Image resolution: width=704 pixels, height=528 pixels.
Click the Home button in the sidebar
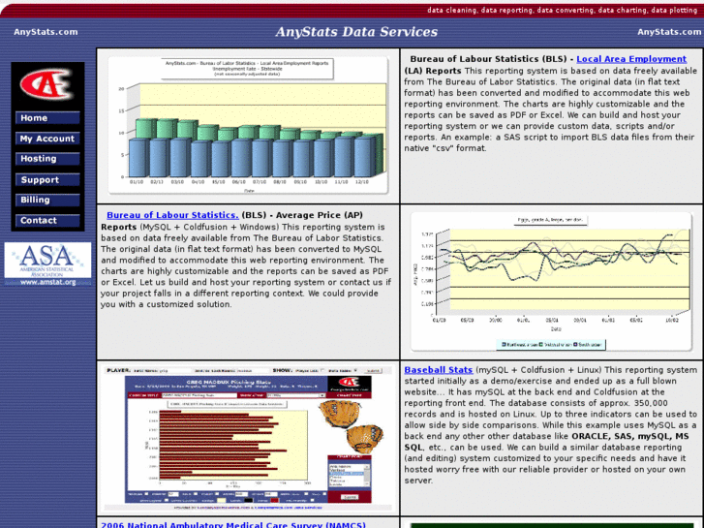tap(46, 118)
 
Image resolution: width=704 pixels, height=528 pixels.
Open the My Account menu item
tap(46, 139)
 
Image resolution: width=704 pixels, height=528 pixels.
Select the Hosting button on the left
tap(46, 159)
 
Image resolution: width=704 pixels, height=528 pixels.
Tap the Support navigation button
tap(46, 180)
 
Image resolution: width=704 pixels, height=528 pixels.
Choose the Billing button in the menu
tap(46, 201)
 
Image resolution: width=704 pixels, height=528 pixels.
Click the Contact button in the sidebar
tap(46, 221)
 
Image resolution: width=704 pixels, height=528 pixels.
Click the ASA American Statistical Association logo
tap(47, 264)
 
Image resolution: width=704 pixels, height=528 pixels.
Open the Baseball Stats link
tap(438, 370)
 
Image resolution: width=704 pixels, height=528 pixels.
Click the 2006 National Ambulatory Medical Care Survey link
tap(232, 524)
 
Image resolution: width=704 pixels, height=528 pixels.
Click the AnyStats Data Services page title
tap(356, 32)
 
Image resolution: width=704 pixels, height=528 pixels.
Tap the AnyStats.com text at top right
tap(670, 32)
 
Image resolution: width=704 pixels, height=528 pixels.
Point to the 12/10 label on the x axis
tap(362, 181)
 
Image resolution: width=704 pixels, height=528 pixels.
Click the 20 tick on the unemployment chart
tap(121, 88)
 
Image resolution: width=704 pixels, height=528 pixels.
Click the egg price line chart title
tap(549, 220)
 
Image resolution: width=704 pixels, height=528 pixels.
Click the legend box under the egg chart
tap(550, 344)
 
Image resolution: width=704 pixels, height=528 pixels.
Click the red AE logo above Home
tap(46, 85)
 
